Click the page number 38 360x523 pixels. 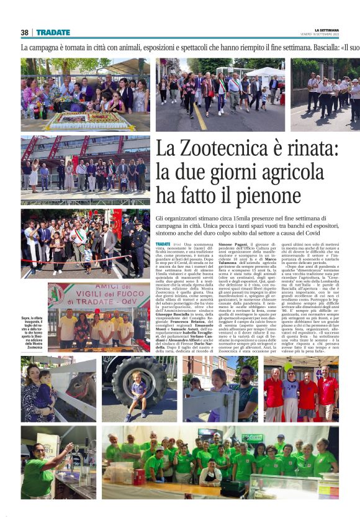[24, 32]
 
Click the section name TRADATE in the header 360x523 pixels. [53, 32]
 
